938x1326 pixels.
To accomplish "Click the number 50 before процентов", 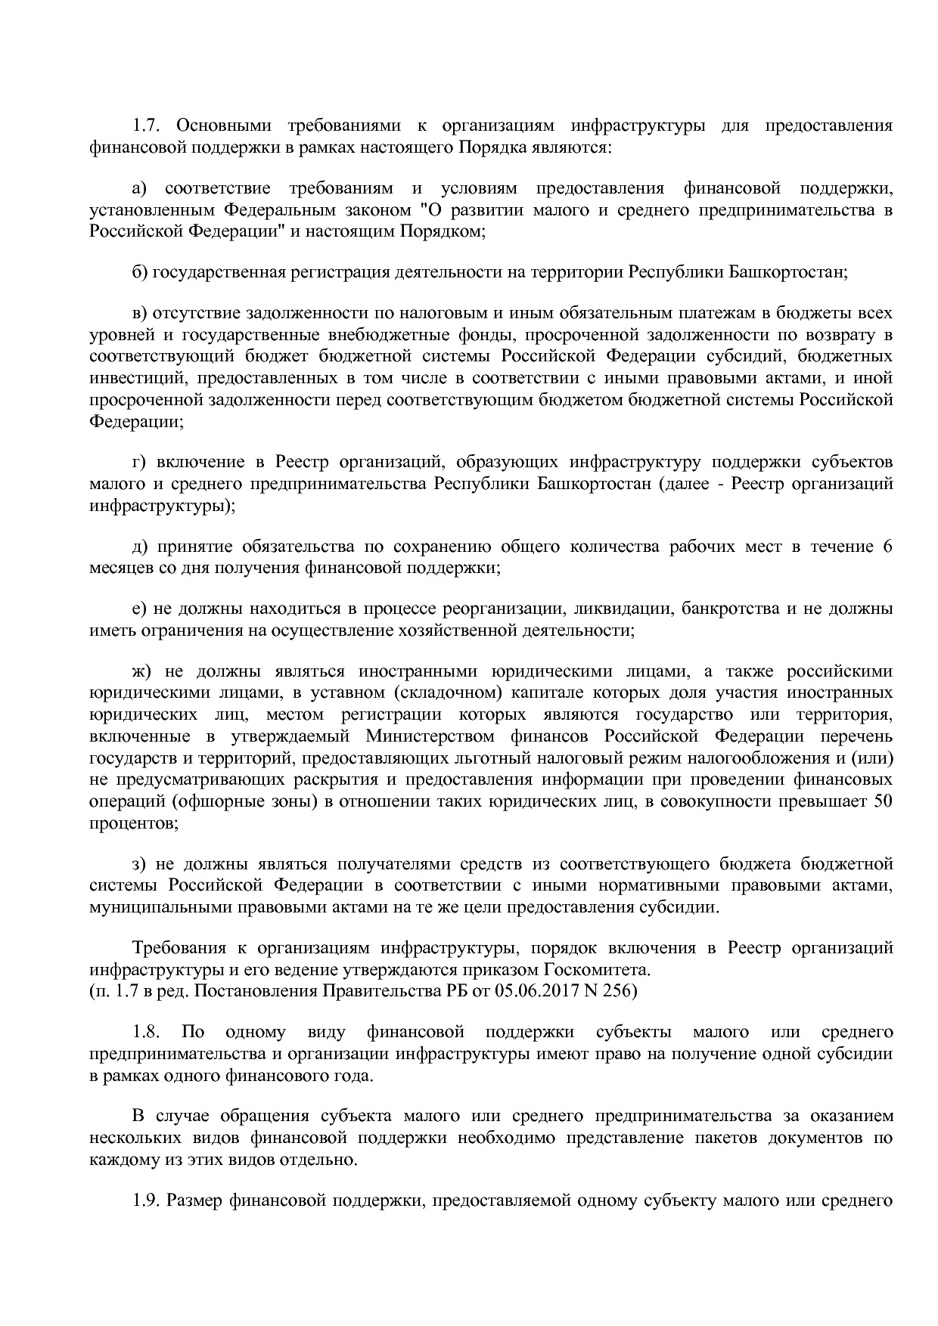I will point(883,801).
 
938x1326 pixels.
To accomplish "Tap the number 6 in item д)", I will point(887,546).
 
